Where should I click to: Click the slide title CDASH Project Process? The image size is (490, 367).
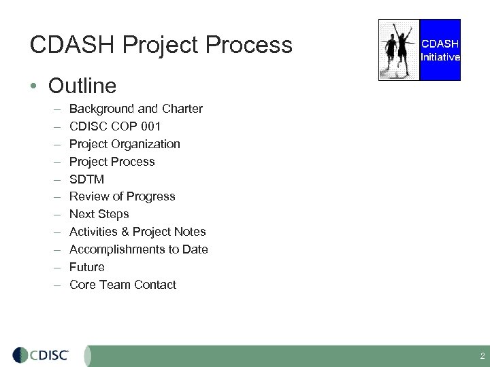click(161, 46)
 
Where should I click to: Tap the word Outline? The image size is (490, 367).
click(82, 86)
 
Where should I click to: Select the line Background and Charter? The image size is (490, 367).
click(136, 109)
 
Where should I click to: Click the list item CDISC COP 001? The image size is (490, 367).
click(115, 126)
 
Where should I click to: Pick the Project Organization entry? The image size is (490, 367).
click(125, 144)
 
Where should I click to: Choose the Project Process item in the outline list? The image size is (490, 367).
click(112, 162)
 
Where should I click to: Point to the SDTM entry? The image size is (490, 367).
click(86, 179)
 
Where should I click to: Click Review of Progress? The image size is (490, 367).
click(122, 196)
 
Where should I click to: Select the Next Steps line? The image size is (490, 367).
click(99, 214)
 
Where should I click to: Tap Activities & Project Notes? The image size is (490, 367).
click(137, 232)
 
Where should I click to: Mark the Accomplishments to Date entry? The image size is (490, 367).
click(139, 249)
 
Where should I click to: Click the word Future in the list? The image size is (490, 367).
click(87, 267)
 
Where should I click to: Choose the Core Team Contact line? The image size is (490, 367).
click(122, 285)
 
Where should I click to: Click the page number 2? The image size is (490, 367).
click(483, 356)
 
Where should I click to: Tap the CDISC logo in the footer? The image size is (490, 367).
click(41, 355)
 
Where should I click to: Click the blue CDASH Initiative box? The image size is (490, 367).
click(440, 50)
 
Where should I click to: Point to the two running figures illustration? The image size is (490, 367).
click(399, 50)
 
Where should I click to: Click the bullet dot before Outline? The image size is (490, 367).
click(33, 87)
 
